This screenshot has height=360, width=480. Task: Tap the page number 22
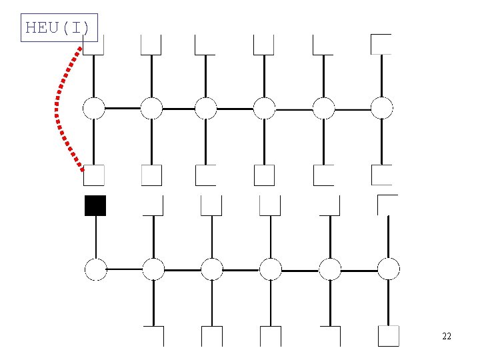[x=447, y=336]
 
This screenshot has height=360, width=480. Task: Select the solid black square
[x=95, y=206]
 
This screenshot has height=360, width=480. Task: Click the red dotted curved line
[x=56, y=107]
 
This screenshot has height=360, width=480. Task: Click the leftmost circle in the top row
[x=94, y=109]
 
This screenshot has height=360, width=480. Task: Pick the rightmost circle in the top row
[x=382, y=108]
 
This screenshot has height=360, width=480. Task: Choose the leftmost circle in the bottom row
[x=96, y=269]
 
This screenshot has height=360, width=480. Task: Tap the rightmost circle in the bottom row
[x=389, y=269]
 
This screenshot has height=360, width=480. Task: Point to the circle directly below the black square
[x=96, y=269]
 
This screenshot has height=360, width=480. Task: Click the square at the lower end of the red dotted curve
[x=94, y=175]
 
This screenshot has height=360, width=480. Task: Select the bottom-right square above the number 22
[x=389, y=336]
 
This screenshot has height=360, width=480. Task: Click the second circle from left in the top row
[x=151, y=109]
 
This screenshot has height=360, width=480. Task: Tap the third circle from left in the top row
[x=206, y=109]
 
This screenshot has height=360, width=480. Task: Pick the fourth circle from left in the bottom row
[x=271, y=269]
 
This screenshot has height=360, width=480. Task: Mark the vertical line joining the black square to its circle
[x=96, y=237]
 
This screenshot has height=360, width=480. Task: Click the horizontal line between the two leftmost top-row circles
[x=123, y=109]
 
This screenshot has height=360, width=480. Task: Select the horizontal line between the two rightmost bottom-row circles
[x=359, y=271]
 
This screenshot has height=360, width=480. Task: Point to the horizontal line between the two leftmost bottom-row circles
[x=125, y=269]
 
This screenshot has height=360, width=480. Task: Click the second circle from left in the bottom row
[x=153, y=269]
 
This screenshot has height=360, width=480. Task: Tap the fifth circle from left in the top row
[x=323, y=109]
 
